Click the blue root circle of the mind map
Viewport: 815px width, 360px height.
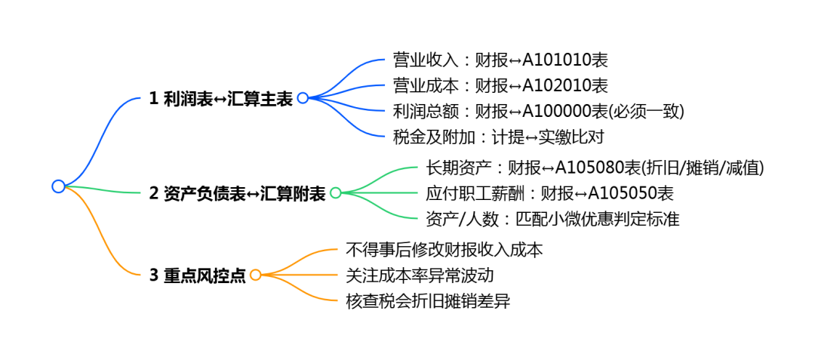(x=58, y=186)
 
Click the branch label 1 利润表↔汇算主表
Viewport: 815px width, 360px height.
(x=220, y=99)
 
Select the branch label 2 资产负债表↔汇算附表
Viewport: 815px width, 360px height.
(x=237, y=193)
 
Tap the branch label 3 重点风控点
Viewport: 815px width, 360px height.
(x=197, y=275)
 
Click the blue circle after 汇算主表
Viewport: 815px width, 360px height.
(x=303, y=98)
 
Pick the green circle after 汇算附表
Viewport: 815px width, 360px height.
(x=336, y=192)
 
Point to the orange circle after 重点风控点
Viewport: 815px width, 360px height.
(x=256, y=275)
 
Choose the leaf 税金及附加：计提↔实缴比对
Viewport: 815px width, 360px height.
(x=498, y=137)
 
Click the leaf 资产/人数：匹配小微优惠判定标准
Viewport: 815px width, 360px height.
(x=552, y=220)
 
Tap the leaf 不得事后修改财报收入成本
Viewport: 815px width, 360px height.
(x=444, y=249)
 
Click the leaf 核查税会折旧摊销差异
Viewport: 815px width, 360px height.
(x=428, y=301)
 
